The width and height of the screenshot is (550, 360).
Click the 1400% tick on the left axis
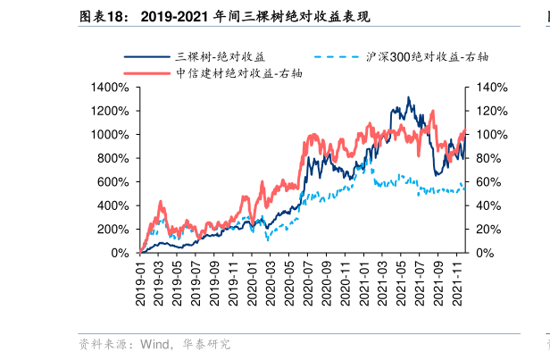[111, 88]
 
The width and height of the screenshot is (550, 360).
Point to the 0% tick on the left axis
[121, 253]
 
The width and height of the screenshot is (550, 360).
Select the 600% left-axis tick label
[114, 182]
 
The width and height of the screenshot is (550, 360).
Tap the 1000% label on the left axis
[111, 135]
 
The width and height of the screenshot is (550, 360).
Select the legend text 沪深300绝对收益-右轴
[427, 57]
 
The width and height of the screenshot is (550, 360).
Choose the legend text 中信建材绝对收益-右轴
[239, 73]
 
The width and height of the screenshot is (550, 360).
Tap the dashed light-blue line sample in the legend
[335, 57]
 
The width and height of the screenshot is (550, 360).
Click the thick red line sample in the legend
[146, 73]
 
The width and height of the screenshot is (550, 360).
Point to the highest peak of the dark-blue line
[408, 97]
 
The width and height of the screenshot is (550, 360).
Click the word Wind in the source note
[157, 344]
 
